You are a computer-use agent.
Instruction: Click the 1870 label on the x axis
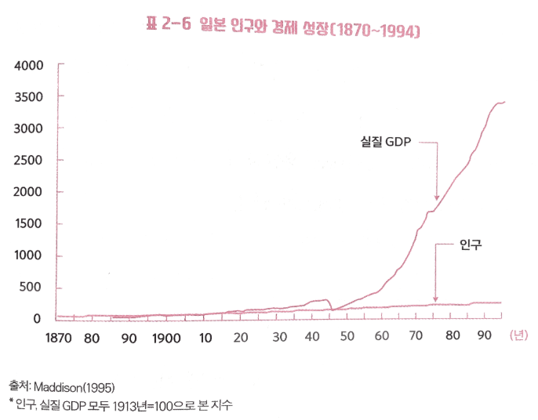tap(58, 338)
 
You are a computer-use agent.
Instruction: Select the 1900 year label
tap(165, 338)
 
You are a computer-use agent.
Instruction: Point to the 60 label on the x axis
tap(383, 338)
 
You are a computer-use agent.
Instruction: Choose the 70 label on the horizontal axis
tap(417, 338)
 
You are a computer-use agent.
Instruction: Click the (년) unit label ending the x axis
tap(518, 337)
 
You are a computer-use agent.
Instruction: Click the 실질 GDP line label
tap(385, 142)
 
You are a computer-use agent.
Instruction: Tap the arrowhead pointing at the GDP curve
tap(437, 198)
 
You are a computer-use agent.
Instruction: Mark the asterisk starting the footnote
tap(12, 402)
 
